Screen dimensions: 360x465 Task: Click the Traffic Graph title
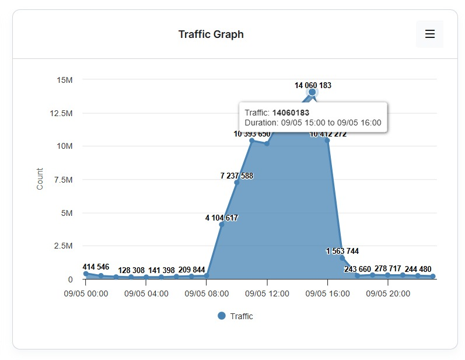coord(211,34)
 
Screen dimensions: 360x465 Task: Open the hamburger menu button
coord(429,34)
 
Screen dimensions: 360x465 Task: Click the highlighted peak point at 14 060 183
coord(312,92)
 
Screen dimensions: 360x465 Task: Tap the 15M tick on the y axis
coord(64,80)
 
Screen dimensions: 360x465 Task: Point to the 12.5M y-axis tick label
coord(61,113)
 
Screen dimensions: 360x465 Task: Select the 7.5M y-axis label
coord(62,180)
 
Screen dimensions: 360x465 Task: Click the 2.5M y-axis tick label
coord(62,246)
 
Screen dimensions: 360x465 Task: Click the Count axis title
coord(40,179)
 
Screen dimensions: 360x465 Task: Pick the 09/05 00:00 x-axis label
coord(86,293)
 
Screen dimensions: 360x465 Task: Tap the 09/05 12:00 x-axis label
coord(267,293)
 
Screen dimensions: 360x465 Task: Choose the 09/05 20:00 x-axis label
coord(388,293)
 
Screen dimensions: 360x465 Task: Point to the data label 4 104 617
coord(221,218)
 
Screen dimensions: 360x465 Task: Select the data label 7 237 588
coord(236,176)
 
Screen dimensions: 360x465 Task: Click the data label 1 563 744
coord(342,251)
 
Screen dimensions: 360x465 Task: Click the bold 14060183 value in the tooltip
coord(291,113)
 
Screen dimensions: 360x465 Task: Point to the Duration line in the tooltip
coord(313,123)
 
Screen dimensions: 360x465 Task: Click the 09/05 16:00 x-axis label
coord(327,293)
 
